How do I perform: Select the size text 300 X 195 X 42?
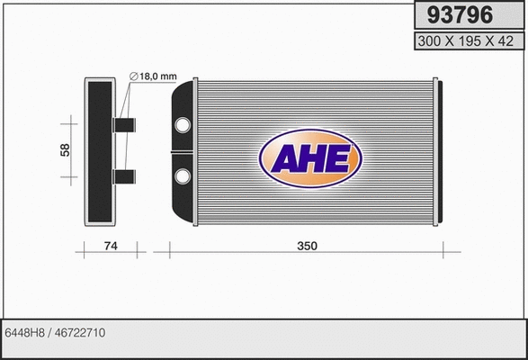coord(467,41)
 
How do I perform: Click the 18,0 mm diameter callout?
coord(157,76)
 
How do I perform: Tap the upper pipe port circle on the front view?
coord(183,124)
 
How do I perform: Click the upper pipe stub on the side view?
coord(124,124)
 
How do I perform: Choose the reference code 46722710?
coord(81,333)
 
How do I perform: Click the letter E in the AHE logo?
coord(337,158)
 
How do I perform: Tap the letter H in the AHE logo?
coord(311,158)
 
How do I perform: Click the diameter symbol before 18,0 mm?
coord(134,76)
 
